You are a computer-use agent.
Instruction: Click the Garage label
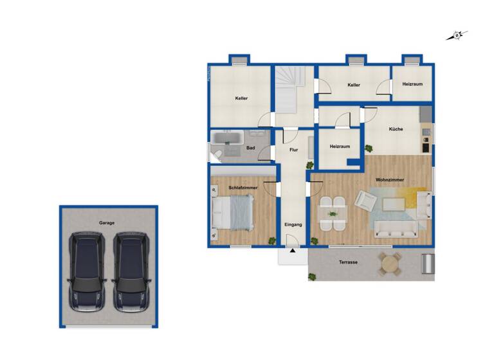107,222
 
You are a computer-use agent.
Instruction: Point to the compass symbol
457,36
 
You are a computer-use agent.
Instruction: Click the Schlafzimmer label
243,187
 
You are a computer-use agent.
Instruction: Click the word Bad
250,148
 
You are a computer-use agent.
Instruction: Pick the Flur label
294,150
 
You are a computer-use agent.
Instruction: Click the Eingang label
293,224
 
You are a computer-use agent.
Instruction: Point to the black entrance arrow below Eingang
293,251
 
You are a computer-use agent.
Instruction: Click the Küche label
396,129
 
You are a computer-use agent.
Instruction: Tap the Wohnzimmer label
390,180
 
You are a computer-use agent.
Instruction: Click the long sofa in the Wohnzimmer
396,228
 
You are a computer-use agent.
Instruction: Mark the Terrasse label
348,262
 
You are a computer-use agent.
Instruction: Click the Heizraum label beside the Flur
340,147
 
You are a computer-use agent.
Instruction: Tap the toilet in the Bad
217,153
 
